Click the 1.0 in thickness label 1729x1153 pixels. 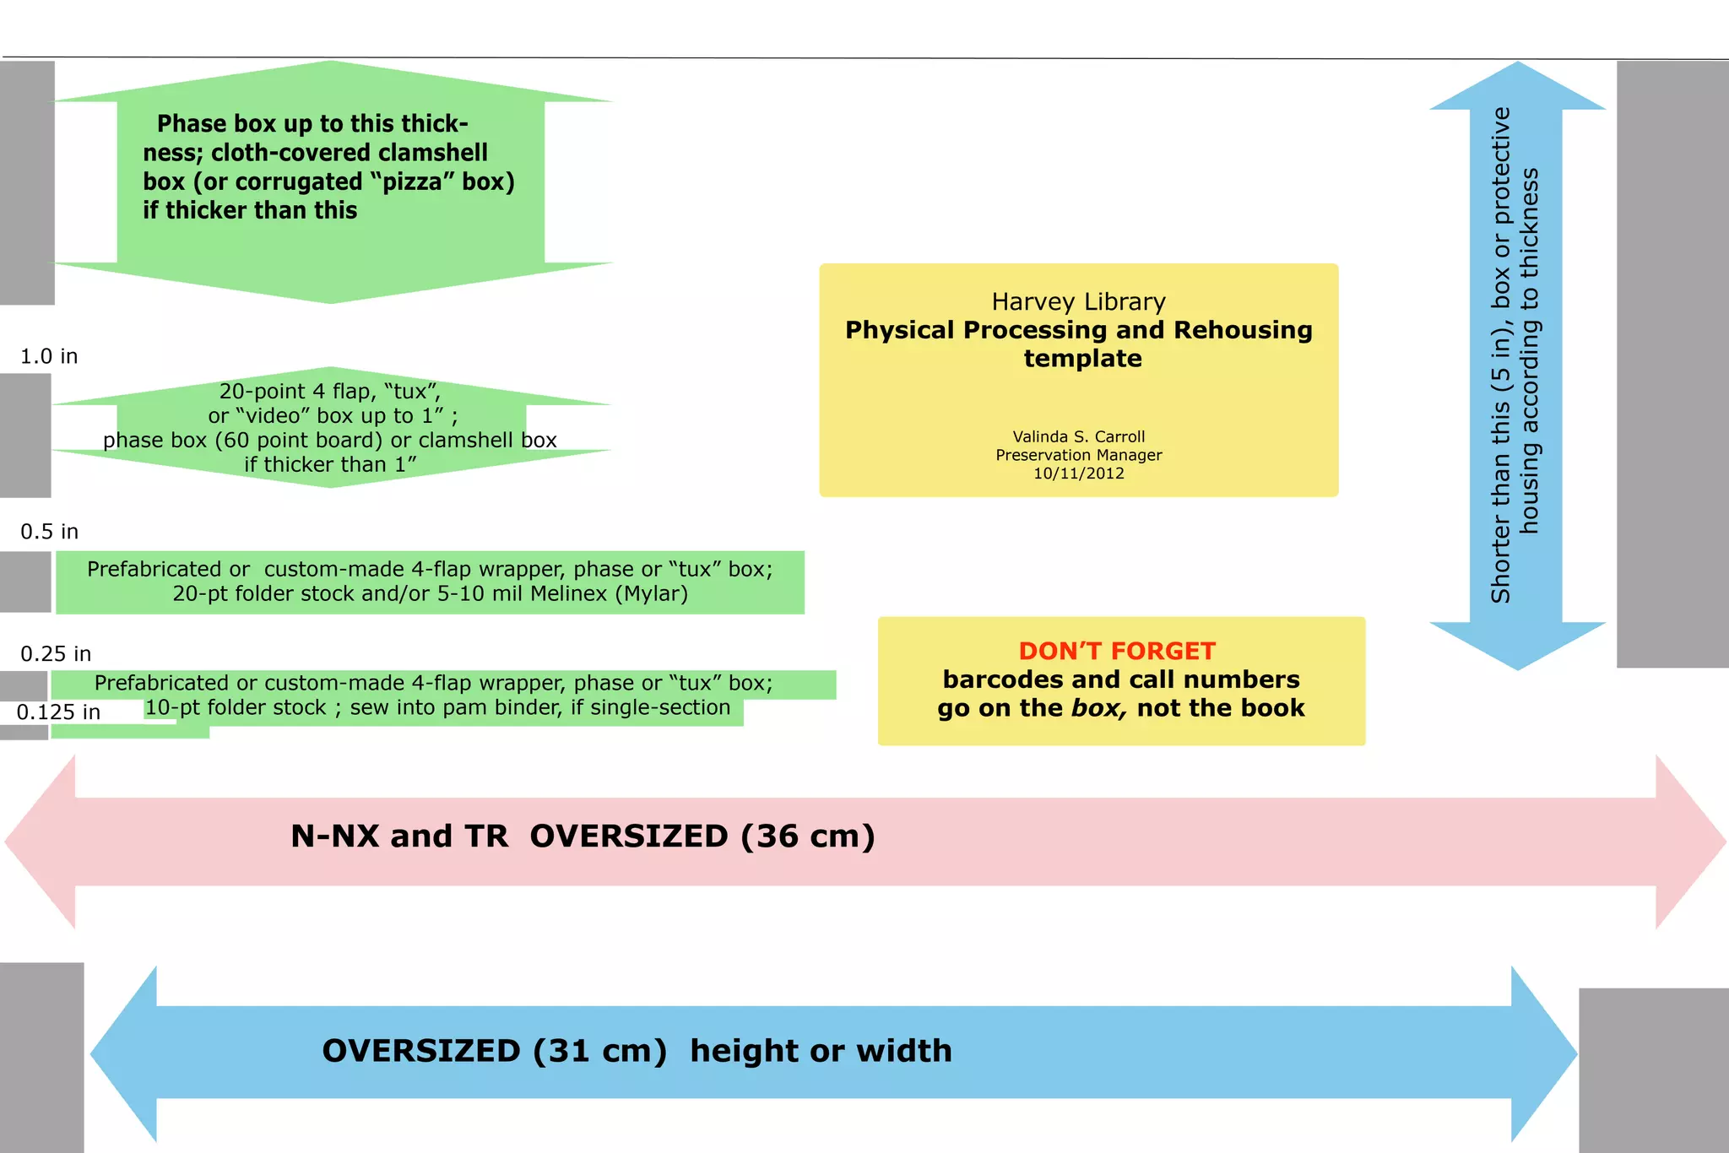49,356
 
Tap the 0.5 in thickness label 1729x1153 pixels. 49,532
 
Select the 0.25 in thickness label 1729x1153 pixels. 56,654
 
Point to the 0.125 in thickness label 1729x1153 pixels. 58,712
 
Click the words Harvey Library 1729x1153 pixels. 1078,302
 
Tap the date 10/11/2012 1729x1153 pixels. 1078,474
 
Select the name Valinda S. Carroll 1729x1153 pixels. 1078,437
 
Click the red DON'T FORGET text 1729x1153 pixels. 1116,652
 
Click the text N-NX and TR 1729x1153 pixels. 399,836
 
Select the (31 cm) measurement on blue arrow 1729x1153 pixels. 599,1051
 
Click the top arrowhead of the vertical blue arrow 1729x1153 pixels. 1517,87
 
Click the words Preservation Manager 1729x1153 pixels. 1078,456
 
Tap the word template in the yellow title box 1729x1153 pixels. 1082,359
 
